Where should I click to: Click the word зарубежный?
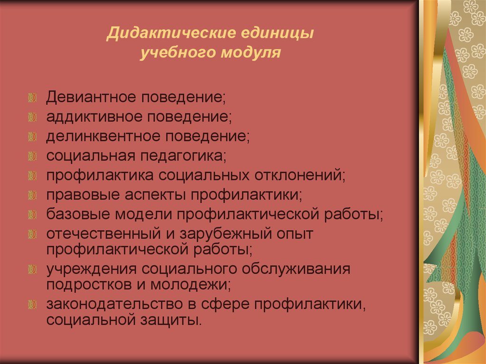pyautogui.click(x=217, y=233)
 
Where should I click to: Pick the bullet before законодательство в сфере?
pyautogui.click(x=32, y=304)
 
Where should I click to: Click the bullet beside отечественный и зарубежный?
pyautogui.click(x=32, y=233)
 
